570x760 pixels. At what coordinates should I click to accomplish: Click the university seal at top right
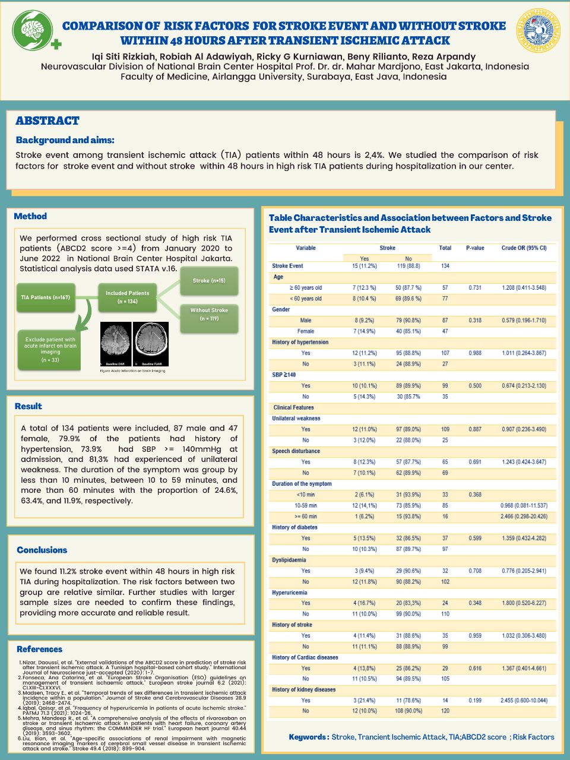pyautogui.click(x=539, y=30)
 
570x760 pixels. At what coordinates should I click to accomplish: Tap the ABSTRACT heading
pyautogui.click(x=47, y=121)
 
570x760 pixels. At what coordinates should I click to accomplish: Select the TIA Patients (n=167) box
pyautogui.click(x=46, y=297)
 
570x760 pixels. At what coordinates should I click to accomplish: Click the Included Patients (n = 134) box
pyautogui.click(x=127, y=297)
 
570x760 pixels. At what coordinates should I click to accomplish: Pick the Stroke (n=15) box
pyautogui.click(x=209, y=280)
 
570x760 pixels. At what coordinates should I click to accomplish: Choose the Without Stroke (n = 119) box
pyautogui.click(x=209, y=315)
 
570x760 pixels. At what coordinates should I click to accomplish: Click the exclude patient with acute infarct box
pyautogui.click(x=50, y=350)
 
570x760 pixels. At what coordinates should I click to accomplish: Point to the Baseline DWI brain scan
pyautogui.click(x=115, y=344)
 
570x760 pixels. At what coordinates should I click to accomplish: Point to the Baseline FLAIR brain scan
pyautogui.click(x=151, y=344)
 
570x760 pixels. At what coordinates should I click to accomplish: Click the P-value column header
pyautogui.click(x=475, y=248)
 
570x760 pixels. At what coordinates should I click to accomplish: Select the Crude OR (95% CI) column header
pyautogui.click(x=524, y=248)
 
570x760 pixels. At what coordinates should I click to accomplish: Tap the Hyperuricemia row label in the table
pyautogui.click(x=290, y=593)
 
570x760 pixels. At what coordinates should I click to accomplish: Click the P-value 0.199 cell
pyautogui.click(x=475, y=701)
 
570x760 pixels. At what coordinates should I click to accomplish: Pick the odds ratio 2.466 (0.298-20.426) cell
pyautogui.click(x=524, y=517)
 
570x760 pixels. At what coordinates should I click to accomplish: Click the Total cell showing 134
pyautogui.click(x=445, y=266)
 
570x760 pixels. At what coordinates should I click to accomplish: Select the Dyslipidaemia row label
pyautogui.click(x=289, y=560)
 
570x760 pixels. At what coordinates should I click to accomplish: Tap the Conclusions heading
pyautogui.click(x=42, y=550)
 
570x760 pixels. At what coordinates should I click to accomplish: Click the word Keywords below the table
pyautogui.click(x=308, y=737)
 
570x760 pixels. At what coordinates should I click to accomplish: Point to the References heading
pyautogui.click(x=39, y=649)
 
